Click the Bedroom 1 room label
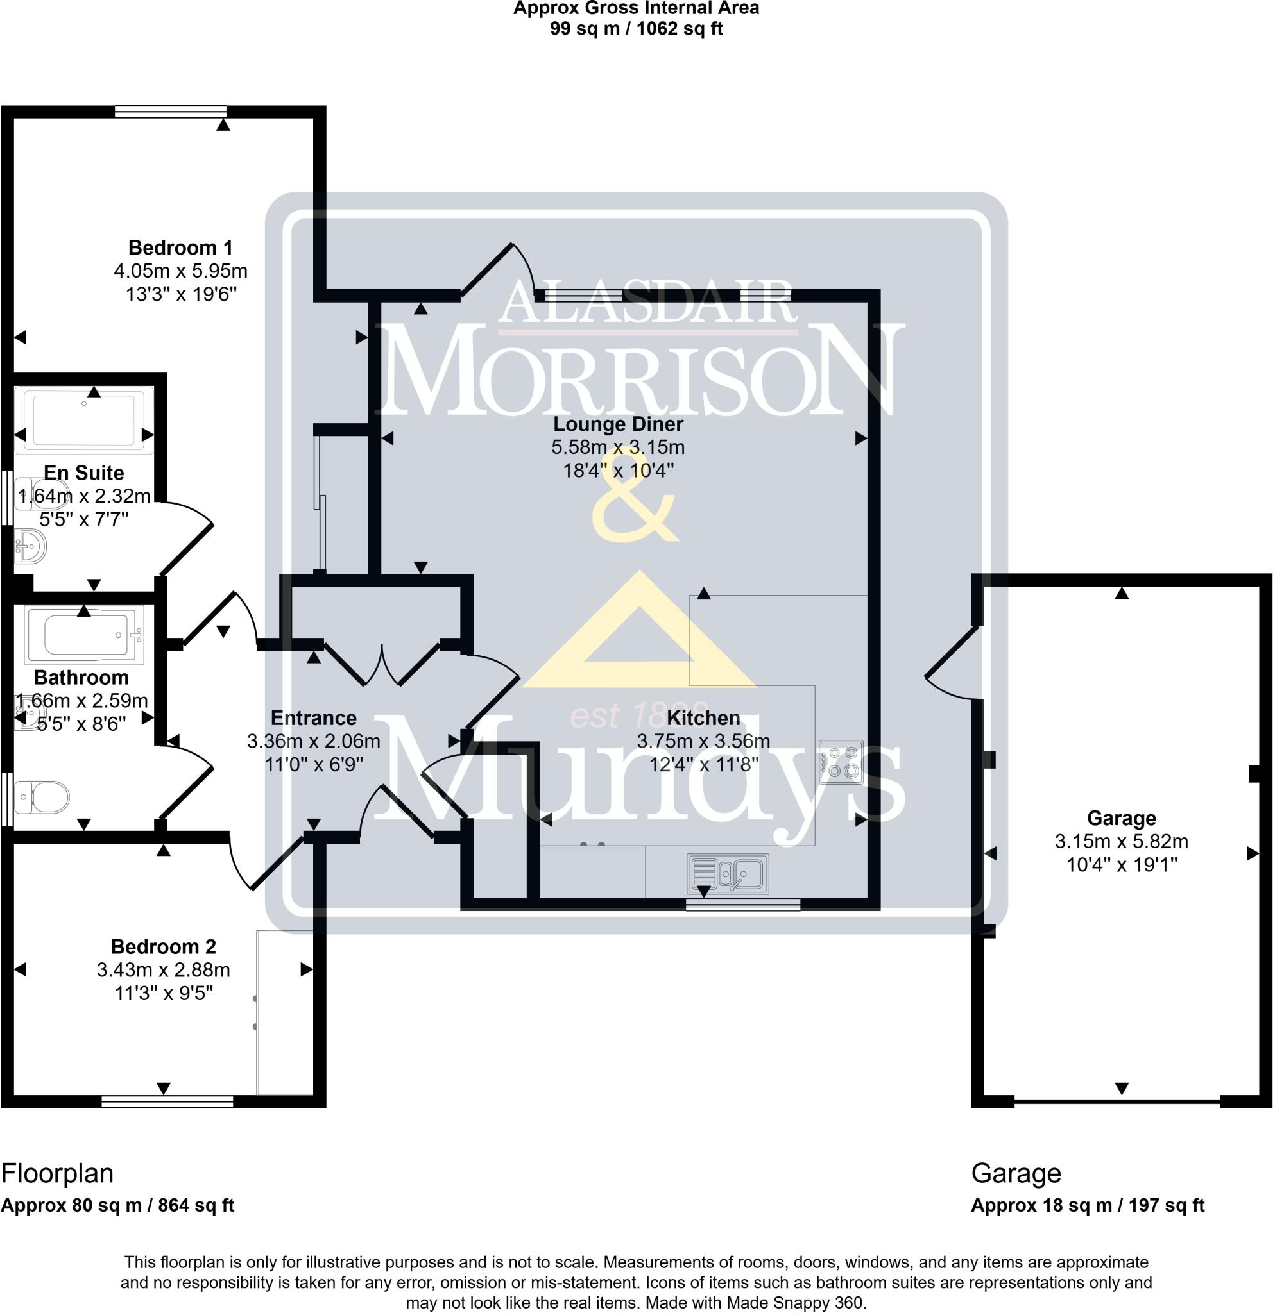coord(180,248)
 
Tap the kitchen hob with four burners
coord(841,762)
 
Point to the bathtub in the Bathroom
coord(85,635)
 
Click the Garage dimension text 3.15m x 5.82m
coord(1122,841)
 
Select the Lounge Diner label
coord(618,424)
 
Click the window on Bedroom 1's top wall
coord(170,112)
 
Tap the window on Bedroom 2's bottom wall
coord(167,1101)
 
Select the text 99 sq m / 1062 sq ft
coord(636,29)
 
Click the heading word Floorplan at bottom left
coord(58,1173)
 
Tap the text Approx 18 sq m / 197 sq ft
coord(1087,1205)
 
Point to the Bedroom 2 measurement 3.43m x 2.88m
coord(164,970)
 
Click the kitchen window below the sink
coord(743,905)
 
